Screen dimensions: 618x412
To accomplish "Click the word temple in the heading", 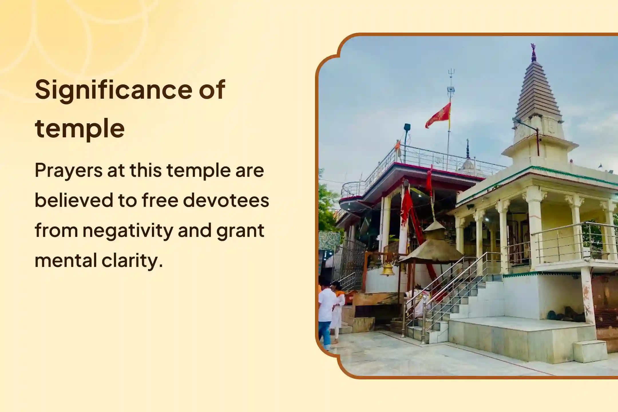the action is tap(80, 128).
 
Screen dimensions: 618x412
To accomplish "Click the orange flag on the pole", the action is tap(439, 115).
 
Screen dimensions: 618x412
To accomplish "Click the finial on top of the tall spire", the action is tap(533, 52).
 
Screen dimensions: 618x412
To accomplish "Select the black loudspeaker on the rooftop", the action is tap(407, 128).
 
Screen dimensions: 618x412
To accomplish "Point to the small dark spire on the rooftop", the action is tap(468, 149).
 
